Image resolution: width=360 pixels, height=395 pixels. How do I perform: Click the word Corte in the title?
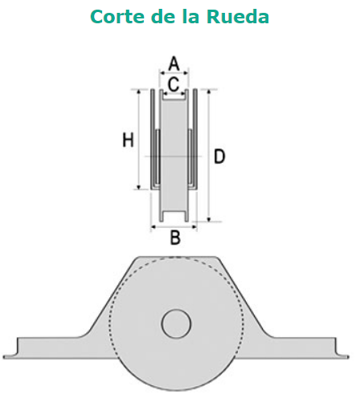118,16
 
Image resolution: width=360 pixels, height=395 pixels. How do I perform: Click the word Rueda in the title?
238,16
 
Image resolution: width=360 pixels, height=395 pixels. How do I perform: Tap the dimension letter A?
174,63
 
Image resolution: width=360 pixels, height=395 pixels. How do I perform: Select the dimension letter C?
174,84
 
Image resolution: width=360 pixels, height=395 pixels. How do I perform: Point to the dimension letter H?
128,140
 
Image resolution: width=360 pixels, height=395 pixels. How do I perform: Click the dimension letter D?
219,157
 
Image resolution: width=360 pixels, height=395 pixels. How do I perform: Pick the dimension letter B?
175,237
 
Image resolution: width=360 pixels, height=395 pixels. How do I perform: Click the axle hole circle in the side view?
176,324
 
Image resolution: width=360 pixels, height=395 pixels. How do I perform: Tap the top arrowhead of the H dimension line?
139,92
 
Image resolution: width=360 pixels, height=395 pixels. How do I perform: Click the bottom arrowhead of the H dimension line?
139,186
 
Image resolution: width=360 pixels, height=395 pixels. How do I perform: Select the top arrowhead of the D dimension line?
209,92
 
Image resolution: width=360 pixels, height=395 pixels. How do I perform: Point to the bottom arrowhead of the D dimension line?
209,219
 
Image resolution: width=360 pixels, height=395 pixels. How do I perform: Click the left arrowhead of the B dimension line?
153,227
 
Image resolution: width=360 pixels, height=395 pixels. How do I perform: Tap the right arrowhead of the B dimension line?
194,227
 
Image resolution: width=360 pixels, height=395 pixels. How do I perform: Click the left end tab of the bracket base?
10,351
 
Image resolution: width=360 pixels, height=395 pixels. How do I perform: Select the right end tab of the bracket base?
342,351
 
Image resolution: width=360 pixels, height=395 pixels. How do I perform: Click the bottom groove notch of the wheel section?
174,216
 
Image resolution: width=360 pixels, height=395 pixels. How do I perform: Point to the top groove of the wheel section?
174,95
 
